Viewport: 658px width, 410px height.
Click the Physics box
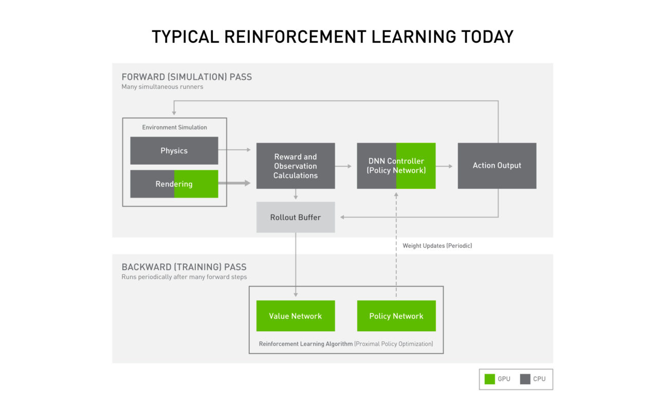[x=174, y=151]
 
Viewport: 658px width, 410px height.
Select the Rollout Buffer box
[x=296, y=218]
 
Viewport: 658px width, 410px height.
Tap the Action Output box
[x=497, y=166]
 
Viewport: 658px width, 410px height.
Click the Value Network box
[x=296, y=316]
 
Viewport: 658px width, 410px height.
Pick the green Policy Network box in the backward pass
[x=396, y=316]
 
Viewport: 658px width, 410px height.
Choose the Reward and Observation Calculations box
[x=296, y=166]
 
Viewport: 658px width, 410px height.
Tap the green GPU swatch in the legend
[x=489, y=379]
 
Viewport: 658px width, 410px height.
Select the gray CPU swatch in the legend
[x=525, y=379]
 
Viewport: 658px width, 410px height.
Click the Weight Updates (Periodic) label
[x=437, y=246]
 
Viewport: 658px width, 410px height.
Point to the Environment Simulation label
[x=174, y=128]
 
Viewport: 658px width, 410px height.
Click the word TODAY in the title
[x=486, y=37]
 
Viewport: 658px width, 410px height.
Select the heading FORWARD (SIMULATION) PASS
[x=187, y=77]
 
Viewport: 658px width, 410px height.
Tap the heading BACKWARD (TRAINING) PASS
[x=184, y=267]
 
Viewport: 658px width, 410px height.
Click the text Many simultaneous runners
[x=162, y=87]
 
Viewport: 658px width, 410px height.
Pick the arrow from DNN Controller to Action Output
[x=446, y=166]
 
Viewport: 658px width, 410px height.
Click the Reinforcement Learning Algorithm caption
[x=346, y=344]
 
